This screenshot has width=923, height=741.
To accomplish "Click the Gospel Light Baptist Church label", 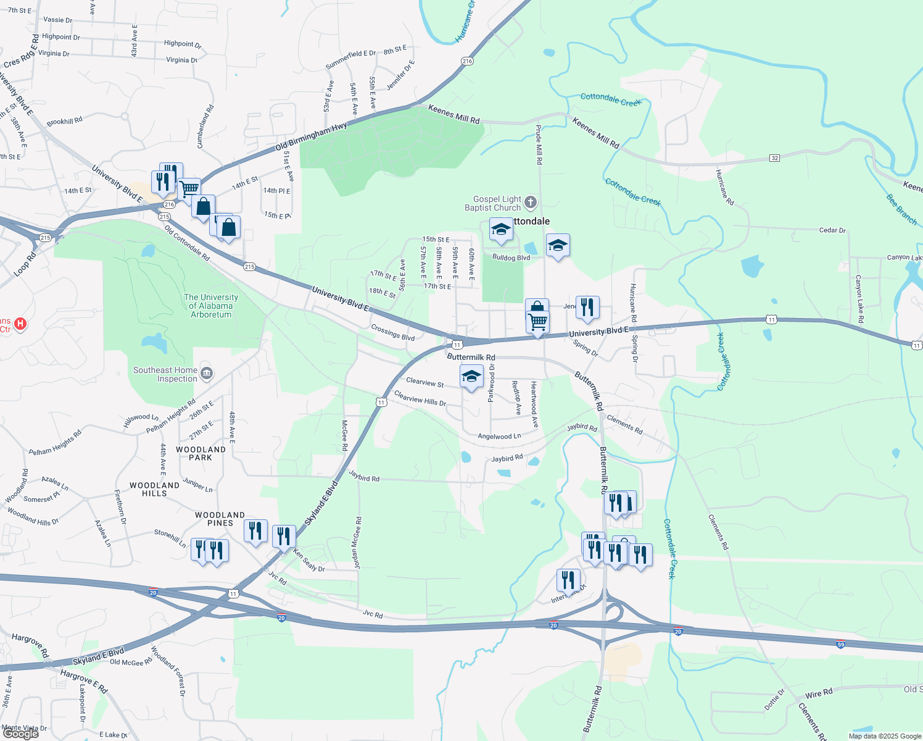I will pos(493,204).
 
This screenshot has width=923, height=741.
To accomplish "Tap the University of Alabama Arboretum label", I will pos(211,306).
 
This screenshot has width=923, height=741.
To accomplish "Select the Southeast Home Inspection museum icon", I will pos(207,373).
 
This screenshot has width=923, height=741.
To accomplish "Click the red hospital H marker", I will pos(20,324).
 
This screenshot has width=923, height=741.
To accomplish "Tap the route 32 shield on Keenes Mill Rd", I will pos(774,158).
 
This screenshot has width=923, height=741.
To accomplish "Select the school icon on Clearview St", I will pos(471,377).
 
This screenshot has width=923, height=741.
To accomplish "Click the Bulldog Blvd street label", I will pos(511,257).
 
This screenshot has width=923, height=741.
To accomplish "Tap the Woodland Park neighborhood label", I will pos(201,453).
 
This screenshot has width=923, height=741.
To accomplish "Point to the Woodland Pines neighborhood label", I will pos(220,519).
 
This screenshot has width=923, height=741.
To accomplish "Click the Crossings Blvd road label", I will pos(392,333).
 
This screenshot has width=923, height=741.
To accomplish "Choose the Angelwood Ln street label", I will pos(499,436).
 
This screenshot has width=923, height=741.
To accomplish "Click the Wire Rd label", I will pos(819,693).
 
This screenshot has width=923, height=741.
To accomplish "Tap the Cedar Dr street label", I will pos(832,230).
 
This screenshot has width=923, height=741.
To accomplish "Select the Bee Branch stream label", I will pos(901,209).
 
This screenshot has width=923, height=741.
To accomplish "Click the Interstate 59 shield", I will pos(840,643).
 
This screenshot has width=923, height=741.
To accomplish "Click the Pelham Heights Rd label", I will pos(54,443).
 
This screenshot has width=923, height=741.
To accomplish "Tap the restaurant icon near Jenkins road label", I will pos(587,307).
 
